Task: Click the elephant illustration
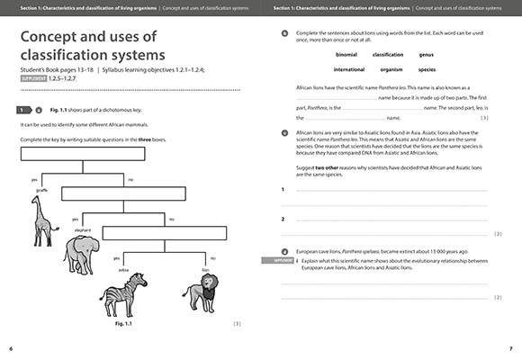[84, 254]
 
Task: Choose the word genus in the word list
[426, 54]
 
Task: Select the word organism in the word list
[388, 68]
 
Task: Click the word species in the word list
[427, 68]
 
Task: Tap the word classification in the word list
[388, 54]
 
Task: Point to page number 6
[11, 347]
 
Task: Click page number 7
[510, 347]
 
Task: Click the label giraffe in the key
[41, 190]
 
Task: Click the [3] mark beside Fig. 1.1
[237, 323]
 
